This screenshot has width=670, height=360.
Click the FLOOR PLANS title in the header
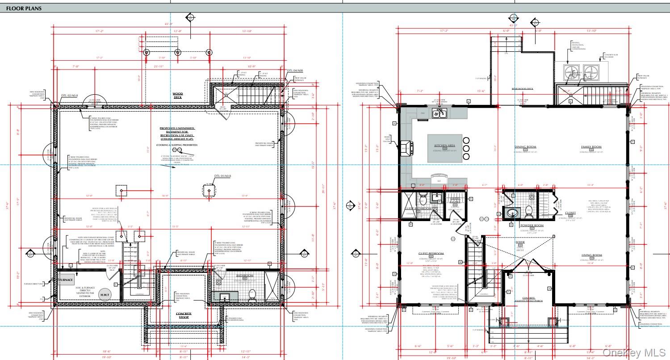tap(23, 8)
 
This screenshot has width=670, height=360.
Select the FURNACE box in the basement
tap(67, 280)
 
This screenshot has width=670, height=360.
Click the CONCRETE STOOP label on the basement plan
tap(184, 315)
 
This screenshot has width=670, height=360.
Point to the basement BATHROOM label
tap(245, 276)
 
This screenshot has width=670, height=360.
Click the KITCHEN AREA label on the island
tap(444, 146)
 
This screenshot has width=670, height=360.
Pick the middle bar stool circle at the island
tap(466, 148)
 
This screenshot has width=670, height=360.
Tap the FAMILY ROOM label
tap(590, 147)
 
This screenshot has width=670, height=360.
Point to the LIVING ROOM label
tap(591, 255)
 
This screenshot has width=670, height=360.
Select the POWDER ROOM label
tap(531, 226)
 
